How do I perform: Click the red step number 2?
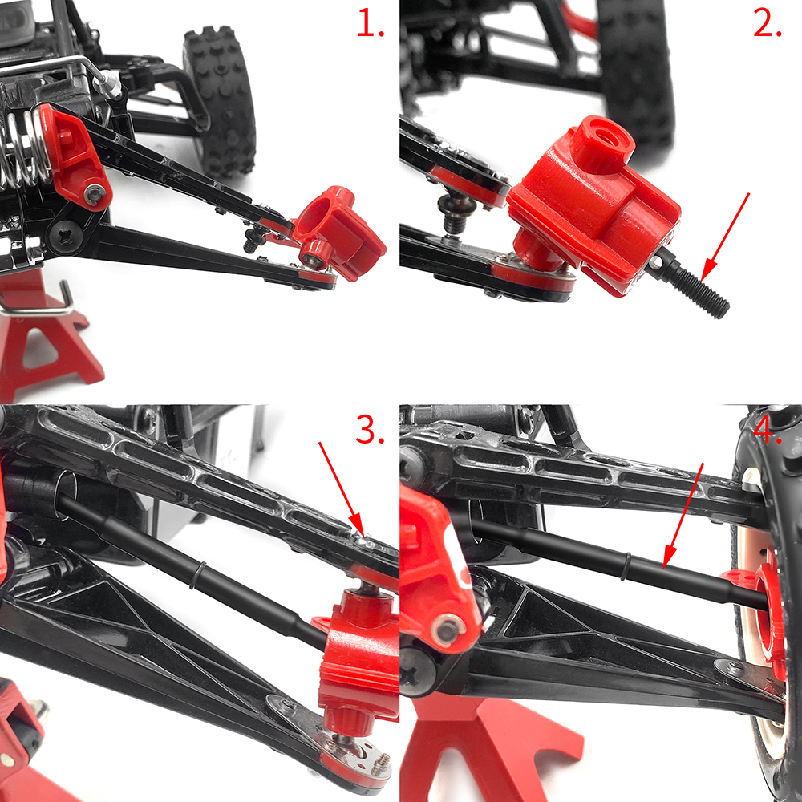tap(768, 24)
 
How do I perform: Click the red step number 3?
tap(369, 430)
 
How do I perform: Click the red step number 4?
tap(768, 430)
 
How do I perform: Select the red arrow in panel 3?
tap(341, 489)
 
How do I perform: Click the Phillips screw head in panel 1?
tap(65, 236)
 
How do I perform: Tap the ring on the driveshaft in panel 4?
tap(625, 566)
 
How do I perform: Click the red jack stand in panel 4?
tap(491, 749)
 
